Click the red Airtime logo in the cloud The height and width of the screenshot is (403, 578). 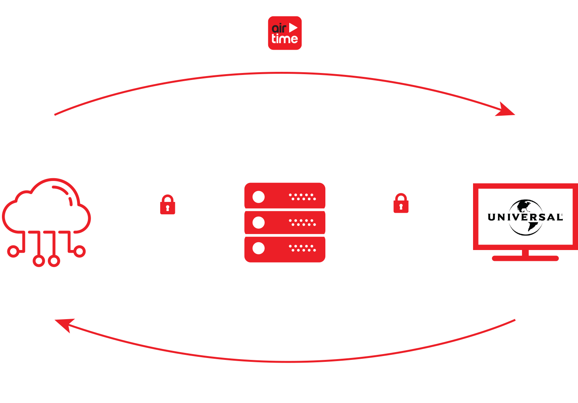coord(285,33)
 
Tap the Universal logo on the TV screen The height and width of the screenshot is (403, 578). coord(525,217)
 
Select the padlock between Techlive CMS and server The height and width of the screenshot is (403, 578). coord(168,205)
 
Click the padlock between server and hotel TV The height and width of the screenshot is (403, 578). coord(401,203)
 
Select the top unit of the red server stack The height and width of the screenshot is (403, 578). coord(285,196)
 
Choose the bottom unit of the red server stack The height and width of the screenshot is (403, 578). coord(285,249)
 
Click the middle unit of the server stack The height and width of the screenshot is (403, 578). coord(285,222)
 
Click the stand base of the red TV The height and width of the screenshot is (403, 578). coord(525,258)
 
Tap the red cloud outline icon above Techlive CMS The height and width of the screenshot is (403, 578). coord(46,210)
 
